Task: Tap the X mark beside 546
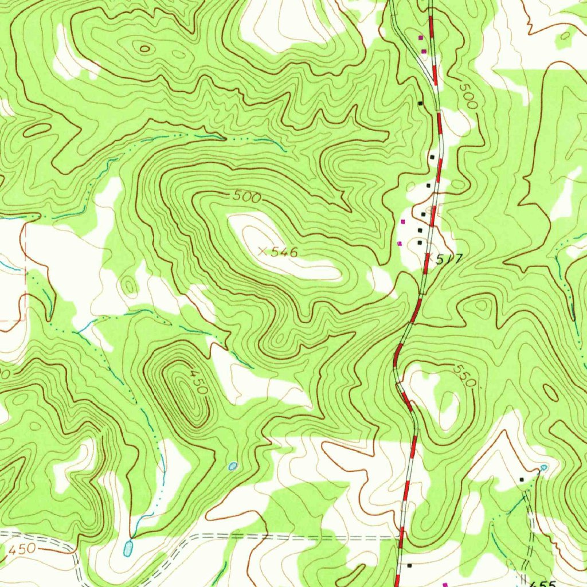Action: pyautogui.click(x=263, y=251)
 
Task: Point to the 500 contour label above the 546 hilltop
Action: pyautogui.click(x=247, y=197)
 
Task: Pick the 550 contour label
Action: pyautogui.click(x=464, y=375)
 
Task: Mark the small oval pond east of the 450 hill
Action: pyautogui.click(x=232, y=466)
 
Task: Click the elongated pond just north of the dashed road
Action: pyautogui.click(x=127, y=548)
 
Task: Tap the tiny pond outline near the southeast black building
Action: pyautogui.click(x=543, y=468)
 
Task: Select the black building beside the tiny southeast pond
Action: pyautogui.click(x=522, y=479)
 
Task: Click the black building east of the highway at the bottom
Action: pyautogui.click(x=409, y=565)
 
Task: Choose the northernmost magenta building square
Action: pyautogui.click(x=421, y=37)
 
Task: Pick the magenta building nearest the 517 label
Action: pyautogui.click(x=400, y=244)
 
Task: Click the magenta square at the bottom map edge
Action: pyautogui.click(x=445, y=584)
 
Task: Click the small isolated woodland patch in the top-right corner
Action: pyautogui.click(x=566, y=36)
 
